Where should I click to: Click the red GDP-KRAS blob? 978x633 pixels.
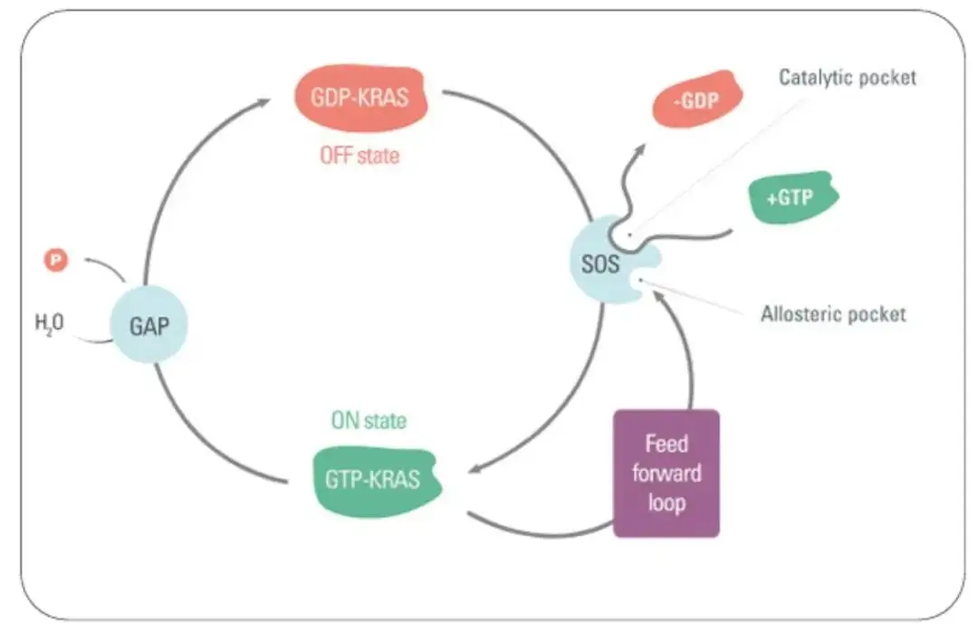pyautogui.click(x=360, y=98)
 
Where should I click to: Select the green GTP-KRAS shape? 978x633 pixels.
pyautogui.click(x=376, y=480)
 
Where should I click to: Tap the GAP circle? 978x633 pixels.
pyautogui.click(x=149, y=325)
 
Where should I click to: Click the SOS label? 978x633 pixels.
pyautogui.click(x=600, y=264)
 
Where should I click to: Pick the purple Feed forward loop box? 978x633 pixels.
pyautogui.click(x=666, y=474)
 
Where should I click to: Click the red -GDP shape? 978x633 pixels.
pyautogui.click(x=696, y=100)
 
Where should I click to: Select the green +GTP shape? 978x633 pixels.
pyautogui.click(x=792, y=197)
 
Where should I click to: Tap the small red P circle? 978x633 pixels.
pyautogui.click(x=55, y=260)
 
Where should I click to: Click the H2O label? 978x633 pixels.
pyautogui.click(x=49, y=323)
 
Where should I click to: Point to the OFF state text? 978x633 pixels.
pyautogui.click(x=360, y=155)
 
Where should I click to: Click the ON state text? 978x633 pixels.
pyautogui.click(x=369, y=421)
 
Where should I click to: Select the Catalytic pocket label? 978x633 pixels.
pyautogui.click(x=848, y=77)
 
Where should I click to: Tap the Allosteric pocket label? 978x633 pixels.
pyautogui.click(x=833, y=313)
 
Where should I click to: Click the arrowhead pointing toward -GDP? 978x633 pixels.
pyautogui.click(x=640, y=149)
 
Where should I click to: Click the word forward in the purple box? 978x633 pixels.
pyautogui.click(x=666, y=474)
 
